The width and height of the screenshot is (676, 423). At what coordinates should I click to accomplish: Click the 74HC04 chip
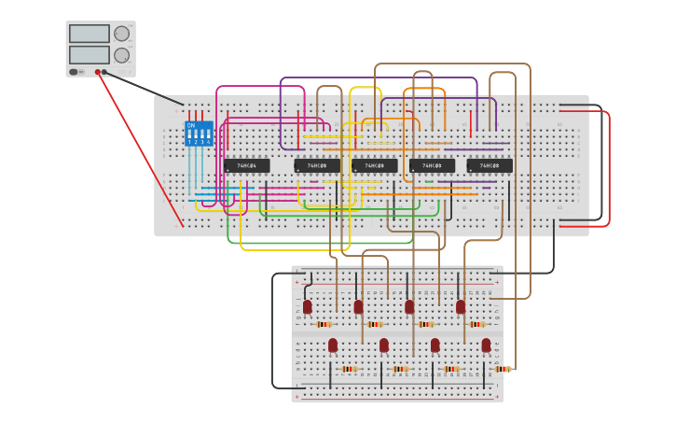(x=247, y=166)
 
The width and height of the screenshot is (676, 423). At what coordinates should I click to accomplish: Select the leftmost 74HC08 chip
(x=317, y=166)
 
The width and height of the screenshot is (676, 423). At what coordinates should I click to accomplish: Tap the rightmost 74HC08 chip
(x=490, y=166)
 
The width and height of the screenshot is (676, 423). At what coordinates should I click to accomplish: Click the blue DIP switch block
(x=199, y=134)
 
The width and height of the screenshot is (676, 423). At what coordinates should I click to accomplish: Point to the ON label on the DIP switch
(x=191, y=125)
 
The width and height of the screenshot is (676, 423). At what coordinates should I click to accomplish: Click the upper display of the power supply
(x=89, y=34)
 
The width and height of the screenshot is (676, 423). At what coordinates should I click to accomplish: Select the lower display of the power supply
(x=89, y=55)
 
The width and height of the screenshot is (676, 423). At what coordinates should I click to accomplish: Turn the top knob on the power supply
(x=121, y=34)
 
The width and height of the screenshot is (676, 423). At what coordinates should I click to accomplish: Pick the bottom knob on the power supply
(x=121, y=56)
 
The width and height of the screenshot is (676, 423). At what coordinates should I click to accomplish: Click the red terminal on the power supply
(x=97, y=72)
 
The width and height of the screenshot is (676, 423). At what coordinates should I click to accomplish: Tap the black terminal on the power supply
(x=104, y=72)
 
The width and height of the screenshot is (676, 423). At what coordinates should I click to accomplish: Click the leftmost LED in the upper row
(x=307, y=306)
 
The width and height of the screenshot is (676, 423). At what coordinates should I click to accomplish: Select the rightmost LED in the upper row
(x=461, y=306)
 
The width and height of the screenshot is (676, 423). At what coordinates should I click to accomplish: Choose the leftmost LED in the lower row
(x=333, y=345)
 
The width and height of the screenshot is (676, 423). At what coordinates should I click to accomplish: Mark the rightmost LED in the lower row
(x=486, y=345)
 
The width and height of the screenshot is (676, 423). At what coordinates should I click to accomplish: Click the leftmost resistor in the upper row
(x=324, y=324)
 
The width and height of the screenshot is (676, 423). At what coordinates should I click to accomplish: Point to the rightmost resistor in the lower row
(x=503, y=369)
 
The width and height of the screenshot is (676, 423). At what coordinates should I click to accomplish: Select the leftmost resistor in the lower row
(x=349, y=369)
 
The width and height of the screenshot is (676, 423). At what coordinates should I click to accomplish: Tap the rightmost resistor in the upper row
(x=477, y=324)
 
